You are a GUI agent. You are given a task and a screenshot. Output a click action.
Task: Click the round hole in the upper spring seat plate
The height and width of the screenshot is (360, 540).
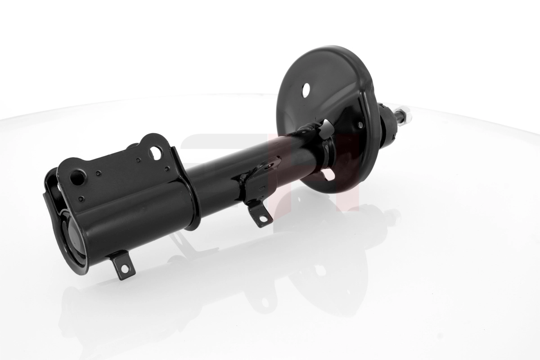306,90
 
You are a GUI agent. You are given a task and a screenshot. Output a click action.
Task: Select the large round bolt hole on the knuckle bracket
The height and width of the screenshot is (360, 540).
77,177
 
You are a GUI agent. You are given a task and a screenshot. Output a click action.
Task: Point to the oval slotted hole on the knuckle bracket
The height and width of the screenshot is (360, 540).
156,153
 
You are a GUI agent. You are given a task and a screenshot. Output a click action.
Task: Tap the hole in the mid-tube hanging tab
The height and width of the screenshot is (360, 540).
262,219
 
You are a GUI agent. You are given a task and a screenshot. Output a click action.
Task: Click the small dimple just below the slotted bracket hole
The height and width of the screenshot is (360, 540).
167,169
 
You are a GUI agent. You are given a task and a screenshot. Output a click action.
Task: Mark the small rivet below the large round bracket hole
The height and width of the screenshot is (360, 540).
81,198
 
